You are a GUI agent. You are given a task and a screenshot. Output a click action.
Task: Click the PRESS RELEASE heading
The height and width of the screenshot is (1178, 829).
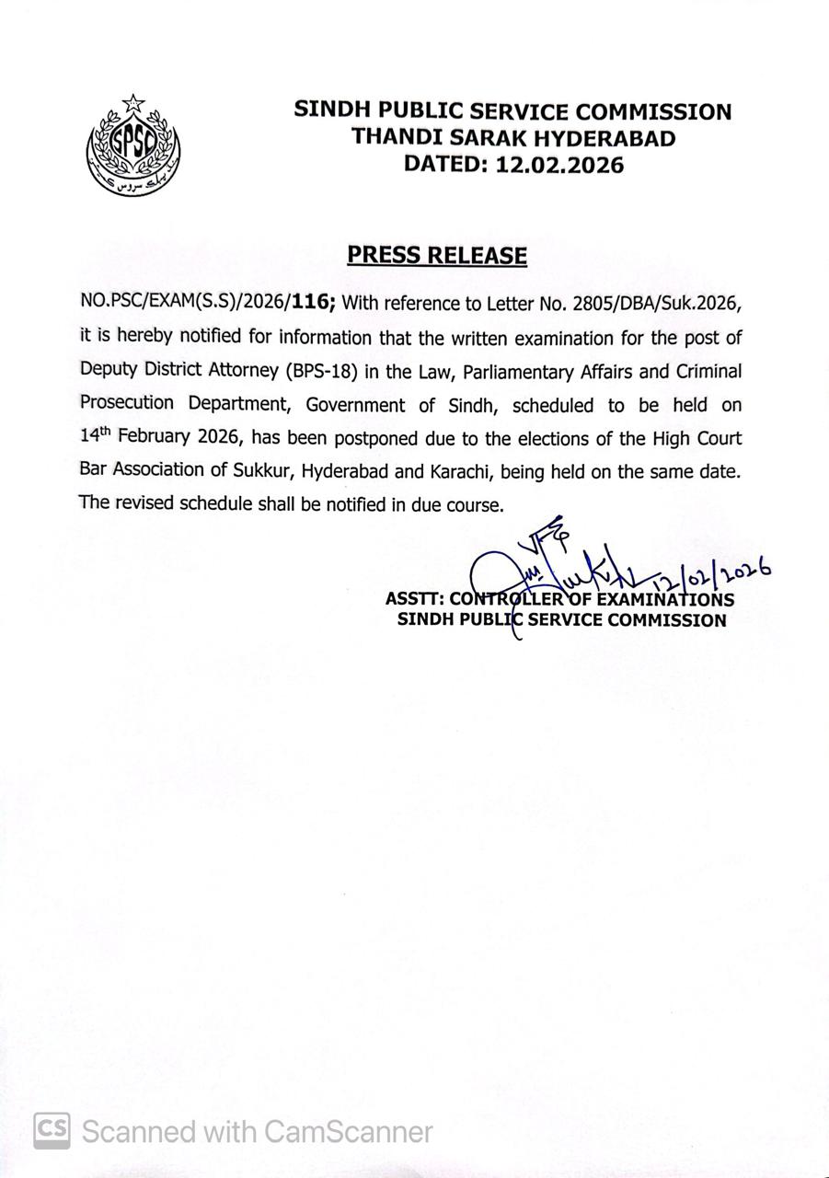(x=437, y=255)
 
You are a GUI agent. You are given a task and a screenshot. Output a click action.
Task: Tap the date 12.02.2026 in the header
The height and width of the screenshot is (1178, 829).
(x=559, y=165)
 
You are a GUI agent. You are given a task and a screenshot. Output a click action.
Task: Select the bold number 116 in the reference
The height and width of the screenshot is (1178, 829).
(x=310, y=304)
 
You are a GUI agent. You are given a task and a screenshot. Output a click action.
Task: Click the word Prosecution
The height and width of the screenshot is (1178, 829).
(x=128, y=404)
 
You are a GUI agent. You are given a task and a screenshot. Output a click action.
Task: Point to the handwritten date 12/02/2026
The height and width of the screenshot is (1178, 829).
(x=708, y=576)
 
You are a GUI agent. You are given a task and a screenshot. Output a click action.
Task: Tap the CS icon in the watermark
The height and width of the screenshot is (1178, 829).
(x=52, y=1130)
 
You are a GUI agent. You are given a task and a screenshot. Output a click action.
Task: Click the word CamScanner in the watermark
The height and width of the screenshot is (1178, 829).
(x=349, y=1130)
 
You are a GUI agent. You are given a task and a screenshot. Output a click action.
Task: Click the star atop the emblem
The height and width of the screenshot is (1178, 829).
(x=134, y=103)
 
